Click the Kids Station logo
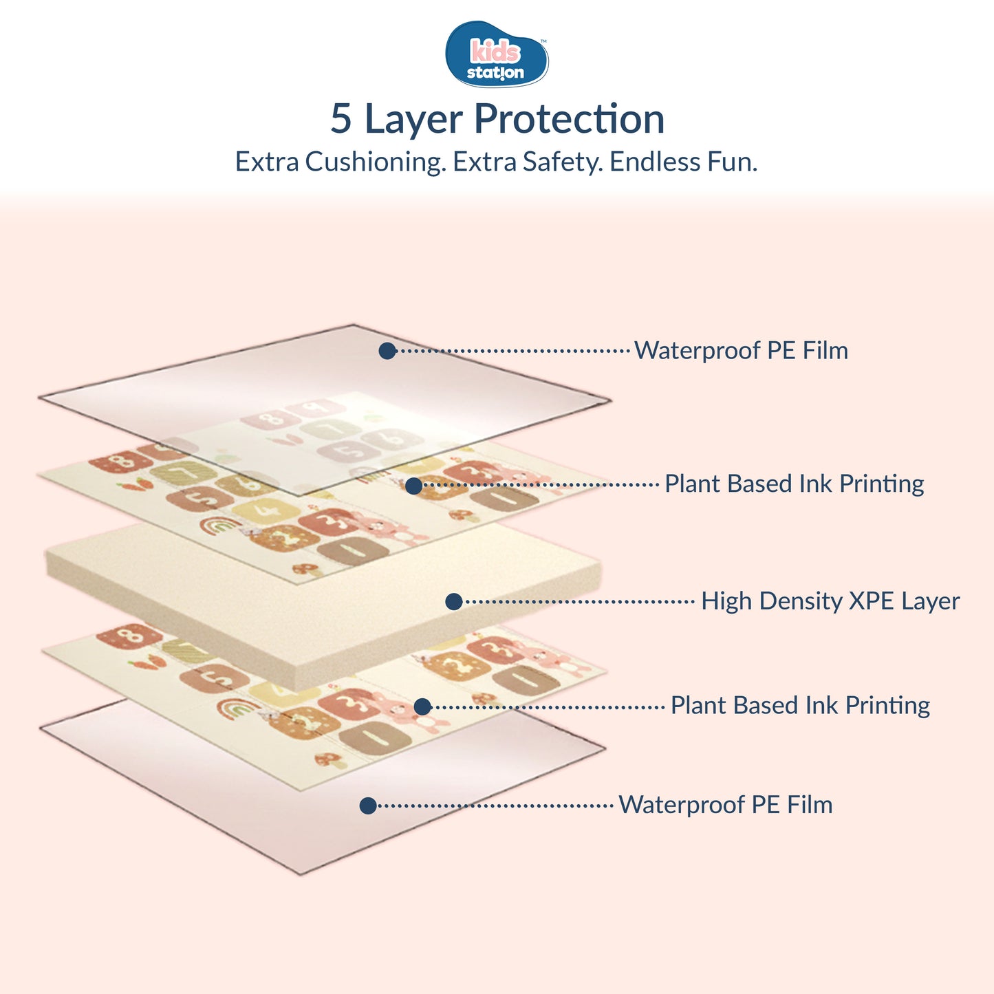click(497, 54)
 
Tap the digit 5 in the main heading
click(341, 119)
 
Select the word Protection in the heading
click(569, 119)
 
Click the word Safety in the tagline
click(561, 162)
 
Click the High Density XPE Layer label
click(830, 601)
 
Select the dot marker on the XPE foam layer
click(453, 602)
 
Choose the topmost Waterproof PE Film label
click(741, 350)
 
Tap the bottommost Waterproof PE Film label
click(725, 805)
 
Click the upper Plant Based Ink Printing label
click(794, 484)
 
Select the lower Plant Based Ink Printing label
click(800, 705)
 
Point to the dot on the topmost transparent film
click(387, 351)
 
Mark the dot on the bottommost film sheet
click(368, 806)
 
